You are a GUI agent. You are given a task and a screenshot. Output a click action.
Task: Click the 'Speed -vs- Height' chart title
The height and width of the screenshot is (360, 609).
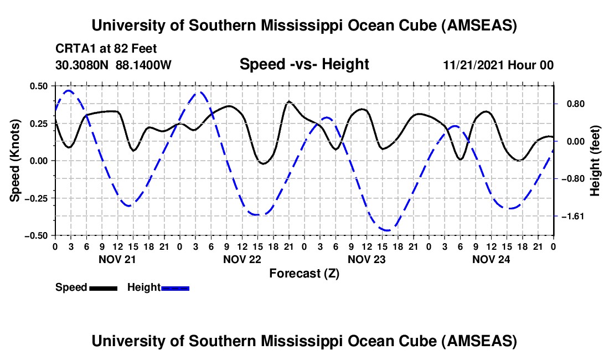[304, 65]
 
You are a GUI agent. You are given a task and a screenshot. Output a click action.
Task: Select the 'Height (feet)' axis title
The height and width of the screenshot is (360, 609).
[595, 160]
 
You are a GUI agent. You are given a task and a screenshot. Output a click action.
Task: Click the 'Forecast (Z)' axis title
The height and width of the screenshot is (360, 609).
[304, 273]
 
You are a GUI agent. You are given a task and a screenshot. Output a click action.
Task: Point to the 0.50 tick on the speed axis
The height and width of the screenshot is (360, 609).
[39, 86]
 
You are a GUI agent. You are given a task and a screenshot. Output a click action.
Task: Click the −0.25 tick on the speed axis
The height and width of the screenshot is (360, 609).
[37, 198]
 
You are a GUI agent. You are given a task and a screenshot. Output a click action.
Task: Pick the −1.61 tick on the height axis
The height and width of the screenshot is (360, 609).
[572, 216]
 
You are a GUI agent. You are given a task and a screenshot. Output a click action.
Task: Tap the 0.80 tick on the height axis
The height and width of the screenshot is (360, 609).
[570, 104]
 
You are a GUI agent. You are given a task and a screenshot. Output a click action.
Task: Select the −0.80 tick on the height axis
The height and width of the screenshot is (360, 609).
[572, 179]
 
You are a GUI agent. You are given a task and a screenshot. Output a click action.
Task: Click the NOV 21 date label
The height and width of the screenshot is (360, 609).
[117, 259]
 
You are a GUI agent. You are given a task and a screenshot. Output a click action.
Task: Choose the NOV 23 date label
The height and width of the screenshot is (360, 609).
[367, 259]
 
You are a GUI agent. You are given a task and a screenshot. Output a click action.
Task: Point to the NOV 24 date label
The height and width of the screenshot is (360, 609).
[491, 259]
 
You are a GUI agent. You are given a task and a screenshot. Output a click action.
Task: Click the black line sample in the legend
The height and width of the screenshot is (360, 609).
[103, 288]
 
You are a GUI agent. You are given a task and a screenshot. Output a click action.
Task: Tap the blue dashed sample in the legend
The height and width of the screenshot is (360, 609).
[175, 288]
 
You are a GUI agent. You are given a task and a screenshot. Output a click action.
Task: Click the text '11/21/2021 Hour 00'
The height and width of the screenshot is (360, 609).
[498, 65]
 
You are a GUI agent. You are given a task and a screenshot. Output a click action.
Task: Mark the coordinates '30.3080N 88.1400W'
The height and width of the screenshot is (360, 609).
[113, 65]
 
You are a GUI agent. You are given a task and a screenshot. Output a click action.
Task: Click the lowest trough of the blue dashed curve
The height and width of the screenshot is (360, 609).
[386, 230]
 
